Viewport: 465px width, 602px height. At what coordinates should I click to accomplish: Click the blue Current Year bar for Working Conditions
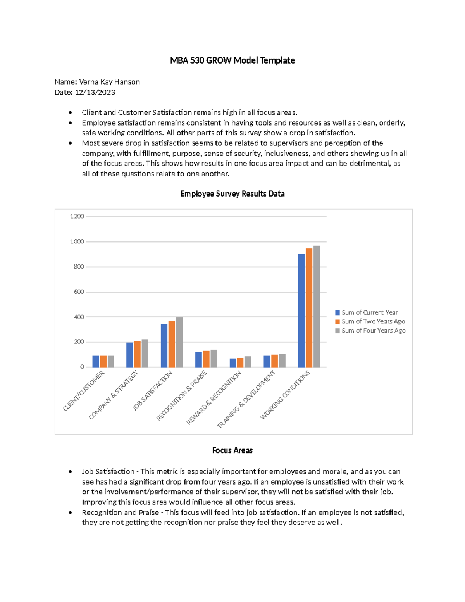pos(301,310)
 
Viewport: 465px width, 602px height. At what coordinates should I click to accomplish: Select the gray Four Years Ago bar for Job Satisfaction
pos(179,342)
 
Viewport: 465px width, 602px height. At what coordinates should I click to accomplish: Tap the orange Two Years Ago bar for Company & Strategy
pos(137,354)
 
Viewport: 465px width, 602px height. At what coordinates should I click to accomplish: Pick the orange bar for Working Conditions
pos(309,308)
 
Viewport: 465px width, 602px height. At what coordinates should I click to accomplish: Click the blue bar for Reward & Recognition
pos(232,363)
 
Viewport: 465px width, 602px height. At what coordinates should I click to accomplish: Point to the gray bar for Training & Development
pos(282,361)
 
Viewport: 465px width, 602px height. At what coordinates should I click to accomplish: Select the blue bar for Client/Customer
pos(96,361)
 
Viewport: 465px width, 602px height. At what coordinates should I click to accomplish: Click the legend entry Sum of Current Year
pos(369,312)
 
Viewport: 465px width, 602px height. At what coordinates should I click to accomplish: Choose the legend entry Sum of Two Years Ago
pos(373,321)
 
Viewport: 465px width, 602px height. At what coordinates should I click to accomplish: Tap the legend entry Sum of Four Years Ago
pos(373,331)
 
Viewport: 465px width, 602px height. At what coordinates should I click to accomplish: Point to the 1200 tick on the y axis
pos(77,216)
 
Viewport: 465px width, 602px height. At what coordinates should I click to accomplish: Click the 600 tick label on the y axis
pos(79,292)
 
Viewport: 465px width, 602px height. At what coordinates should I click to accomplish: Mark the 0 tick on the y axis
pos(82,367)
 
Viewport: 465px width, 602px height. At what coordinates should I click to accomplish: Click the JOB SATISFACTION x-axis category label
pos(153,390)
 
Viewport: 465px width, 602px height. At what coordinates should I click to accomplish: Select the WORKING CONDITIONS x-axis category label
pos(285,395)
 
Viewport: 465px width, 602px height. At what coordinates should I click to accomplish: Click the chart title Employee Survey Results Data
pos(232,194)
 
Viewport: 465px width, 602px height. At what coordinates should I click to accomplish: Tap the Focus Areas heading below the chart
pos(232,450)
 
